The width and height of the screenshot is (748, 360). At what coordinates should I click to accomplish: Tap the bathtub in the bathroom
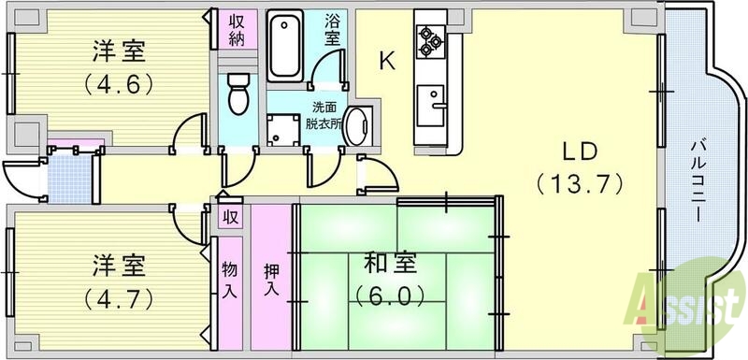point(284,46)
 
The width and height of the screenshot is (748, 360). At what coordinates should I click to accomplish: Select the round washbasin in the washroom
point(358,127)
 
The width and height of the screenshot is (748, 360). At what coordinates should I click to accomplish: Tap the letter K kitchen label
point(388,62)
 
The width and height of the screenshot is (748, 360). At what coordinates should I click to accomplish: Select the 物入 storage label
point(228,280)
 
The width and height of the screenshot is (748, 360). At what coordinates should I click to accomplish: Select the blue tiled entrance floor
point(69,176)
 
